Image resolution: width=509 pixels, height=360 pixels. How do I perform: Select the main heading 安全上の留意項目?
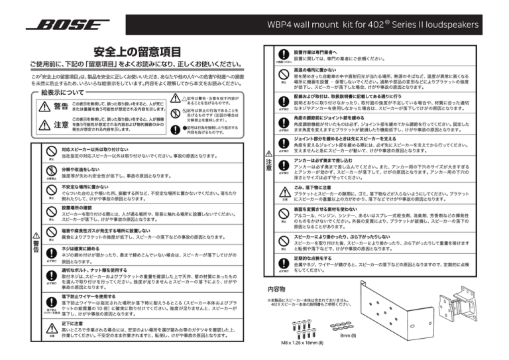coord(137,51)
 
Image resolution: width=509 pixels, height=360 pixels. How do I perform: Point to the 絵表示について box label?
coord(47,92)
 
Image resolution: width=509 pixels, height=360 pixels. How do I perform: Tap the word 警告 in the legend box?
coord(57,106)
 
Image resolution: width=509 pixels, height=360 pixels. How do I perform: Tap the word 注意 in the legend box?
coord(57,124)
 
